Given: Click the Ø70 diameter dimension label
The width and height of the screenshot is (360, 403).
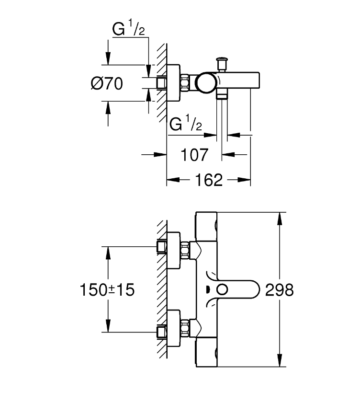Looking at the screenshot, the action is (107, 83).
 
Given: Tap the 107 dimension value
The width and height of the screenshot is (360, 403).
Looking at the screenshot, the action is (194, 155).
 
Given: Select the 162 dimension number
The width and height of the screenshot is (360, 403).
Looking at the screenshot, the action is (209, 180).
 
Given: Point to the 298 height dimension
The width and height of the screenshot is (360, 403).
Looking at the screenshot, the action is (279, 289).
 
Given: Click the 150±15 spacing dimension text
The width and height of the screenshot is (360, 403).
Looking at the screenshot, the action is (107, 289).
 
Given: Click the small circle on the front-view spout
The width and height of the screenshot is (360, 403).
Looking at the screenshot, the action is (222, 289).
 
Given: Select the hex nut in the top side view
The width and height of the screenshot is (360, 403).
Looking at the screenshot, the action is (185, 82).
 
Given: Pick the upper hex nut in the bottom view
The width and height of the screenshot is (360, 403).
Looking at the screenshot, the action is (185, 250).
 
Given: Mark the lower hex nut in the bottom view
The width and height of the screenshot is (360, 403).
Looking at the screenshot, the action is (185, 328).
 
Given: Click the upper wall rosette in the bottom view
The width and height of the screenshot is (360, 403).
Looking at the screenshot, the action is (173, 250).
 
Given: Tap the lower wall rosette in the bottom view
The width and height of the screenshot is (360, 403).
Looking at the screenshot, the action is (173, 328).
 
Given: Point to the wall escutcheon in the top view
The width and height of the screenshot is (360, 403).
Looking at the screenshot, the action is (173, 83).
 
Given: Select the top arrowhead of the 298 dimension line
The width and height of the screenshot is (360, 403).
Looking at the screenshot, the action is (280, 219).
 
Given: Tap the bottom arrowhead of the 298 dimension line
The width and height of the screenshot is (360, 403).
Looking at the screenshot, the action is (280, 360).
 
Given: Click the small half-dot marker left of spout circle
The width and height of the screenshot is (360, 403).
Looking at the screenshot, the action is (207, 289).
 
